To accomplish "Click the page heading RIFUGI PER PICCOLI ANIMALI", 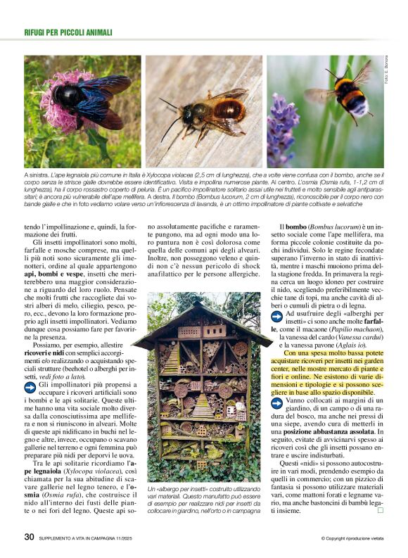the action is point(68,32).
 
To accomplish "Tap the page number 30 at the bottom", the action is point(29,537).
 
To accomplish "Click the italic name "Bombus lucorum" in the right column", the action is point(338,227).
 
